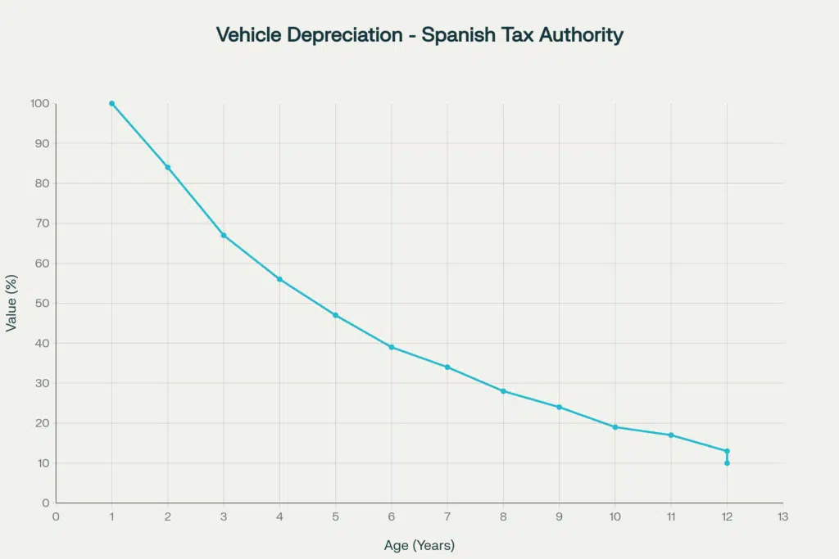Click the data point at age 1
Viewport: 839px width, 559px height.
tap(111, 104)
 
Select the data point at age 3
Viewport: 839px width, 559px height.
tap(224, 236)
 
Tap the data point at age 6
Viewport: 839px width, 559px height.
tap(392, 347)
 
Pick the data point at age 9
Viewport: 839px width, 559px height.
tap(559, 407)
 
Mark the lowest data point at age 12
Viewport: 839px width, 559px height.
tap(727, 463)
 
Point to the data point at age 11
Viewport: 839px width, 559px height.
tap(671, 435)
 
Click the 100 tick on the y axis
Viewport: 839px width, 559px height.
tap(40, 104)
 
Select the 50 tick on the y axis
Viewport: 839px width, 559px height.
tap(43, 304)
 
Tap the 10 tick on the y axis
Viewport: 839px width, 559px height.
tap(43, 463)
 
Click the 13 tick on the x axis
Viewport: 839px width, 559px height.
tap(782, 516)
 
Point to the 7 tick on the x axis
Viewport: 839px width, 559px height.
tap(447, 516)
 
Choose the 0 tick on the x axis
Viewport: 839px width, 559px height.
tap(56, 516)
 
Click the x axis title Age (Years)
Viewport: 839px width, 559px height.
tap(419, 545)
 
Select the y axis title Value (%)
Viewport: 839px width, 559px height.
tap(11, 304)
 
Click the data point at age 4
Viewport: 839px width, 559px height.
tap(279, 279)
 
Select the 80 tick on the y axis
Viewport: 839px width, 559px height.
tap(43, 183)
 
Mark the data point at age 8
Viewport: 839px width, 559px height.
tap(503, 391)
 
